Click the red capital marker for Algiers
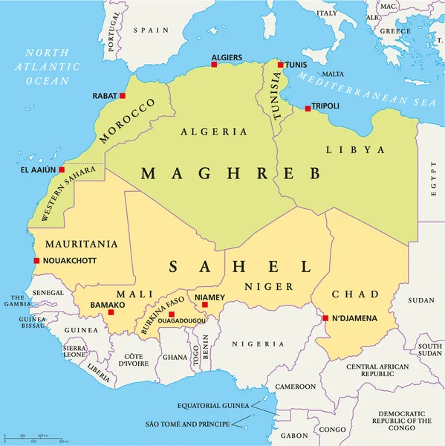[214, 65]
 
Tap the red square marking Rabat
[123, 96]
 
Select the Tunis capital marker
[281, 65]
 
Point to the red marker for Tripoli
[308, 109]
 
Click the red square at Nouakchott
[36, 260]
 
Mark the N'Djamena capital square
[325, 319]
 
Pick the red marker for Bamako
[111, 312]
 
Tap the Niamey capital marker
[205, 304]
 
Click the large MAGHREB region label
[231, 173]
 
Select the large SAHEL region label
[238, 266]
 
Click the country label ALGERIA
[213, 132]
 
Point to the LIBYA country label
[355, 149]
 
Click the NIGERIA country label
[258, 343]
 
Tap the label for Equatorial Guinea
[213, 406]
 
